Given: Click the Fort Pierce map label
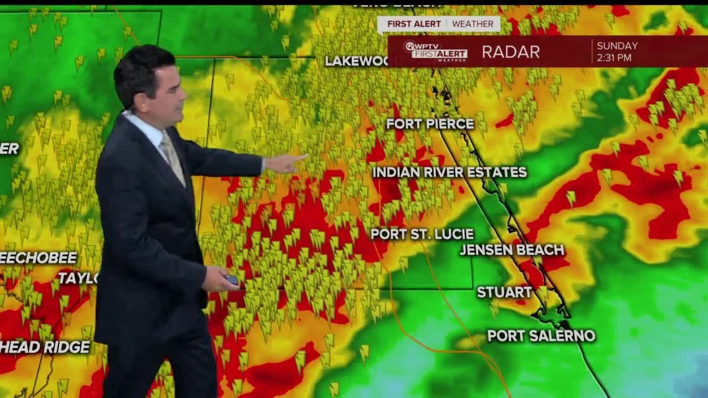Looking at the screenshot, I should [430, 124].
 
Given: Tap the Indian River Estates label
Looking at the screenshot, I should [449, 172].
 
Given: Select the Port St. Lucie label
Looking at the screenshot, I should [422, 234].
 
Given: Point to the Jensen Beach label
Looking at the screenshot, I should [512, 250].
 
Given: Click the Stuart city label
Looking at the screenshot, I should [504, 292].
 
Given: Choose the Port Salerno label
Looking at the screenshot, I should [541, 336].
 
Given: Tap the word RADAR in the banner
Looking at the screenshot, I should [511, 52].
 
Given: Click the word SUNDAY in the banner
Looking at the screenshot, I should [617, 46].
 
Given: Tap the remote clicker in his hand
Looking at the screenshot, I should [232, 280].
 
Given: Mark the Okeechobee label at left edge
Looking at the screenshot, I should [39, 258].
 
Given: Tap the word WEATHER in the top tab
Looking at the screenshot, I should [472, 24].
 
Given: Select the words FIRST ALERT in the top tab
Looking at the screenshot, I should [414, 24].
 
